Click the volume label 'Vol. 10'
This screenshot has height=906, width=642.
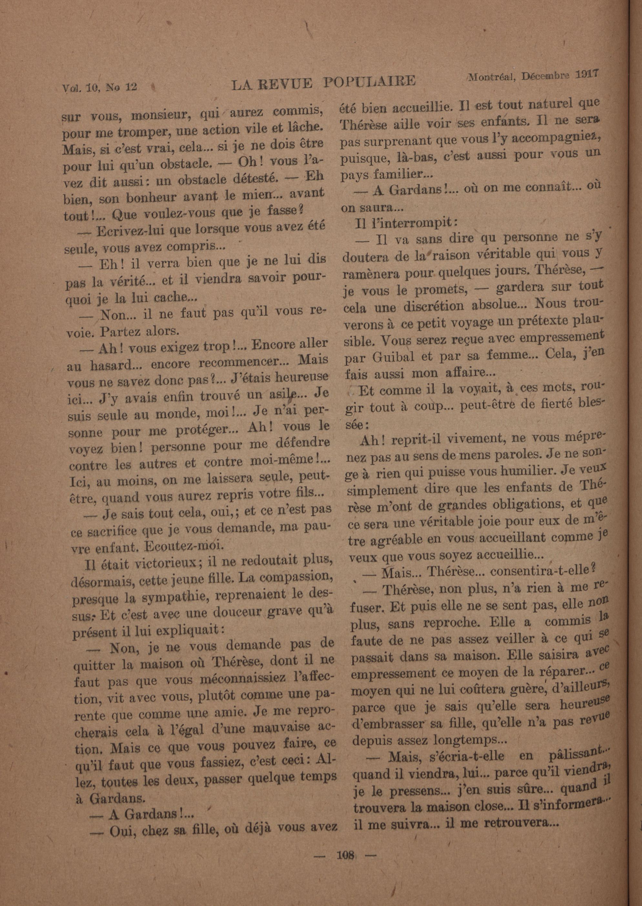[x=77, y=88]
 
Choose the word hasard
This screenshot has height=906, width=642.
[x=112, y=365]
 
